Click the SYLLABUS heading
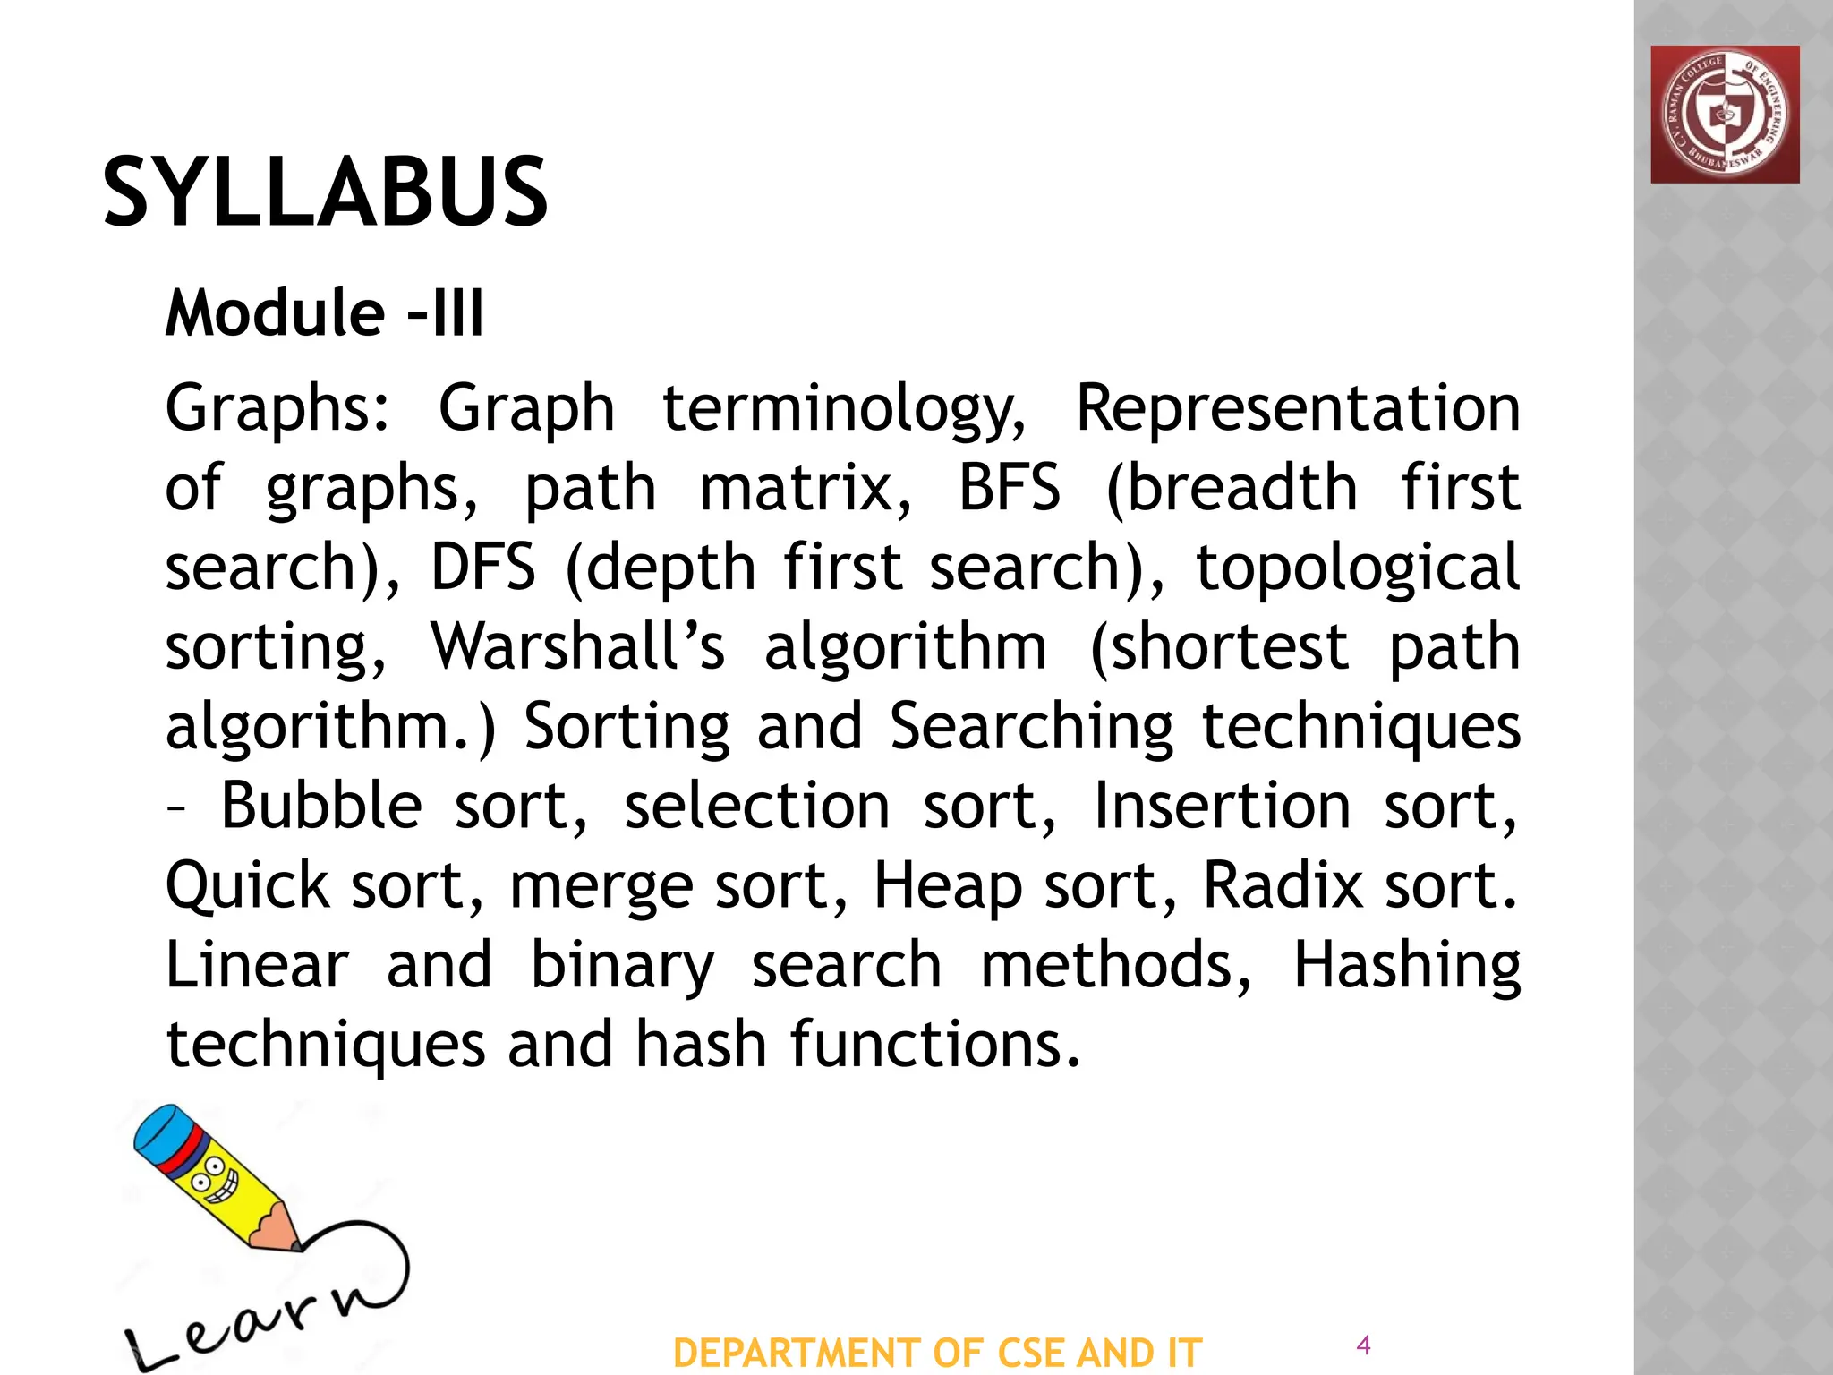pyautogui.click(x=325, y=192)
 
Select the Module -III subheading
pyautogui.click(x=324, y=313)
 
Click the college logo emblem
pyautogui.click(x=1725, y=115)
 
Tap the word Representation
pyautogui.click(x=1297, y=408)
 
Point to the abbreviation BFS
pyautogui.click(x=1009, y=488)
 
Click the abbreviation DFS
pyautogui.click(x=483, y=567)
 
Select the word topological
pyautogui.click(x=1358, y=567)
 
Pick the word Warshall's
pyautogui.click(x=577, y=646)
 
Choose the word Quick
pyautogui.click(x=248, y=885)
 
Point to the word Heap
pyautogui.click(x=948, y=885)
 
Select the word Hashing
pyautogui.click(x=1407, y=965)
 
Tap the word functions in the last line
pyautogui.click(x=934, y=1045)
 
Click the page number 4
pyautogui.click(x=1364, y=1344)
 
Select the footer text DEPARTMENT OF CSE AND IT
pyautogui.click(x=937, y=1353)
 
